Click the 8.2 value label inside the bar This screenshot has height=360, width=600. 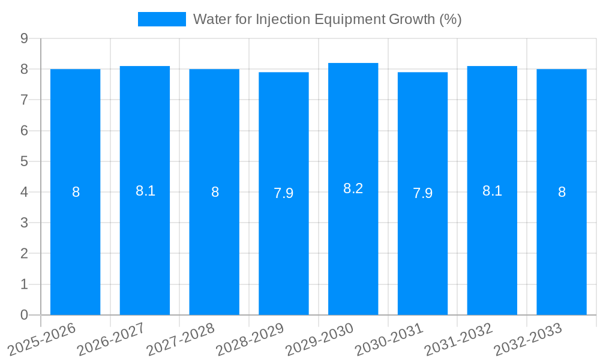click(353, 188)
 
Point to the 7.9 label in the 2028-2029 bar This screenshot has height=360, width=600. click(283, 193)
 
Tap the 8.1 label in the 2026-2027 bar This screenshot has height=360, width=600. click(145, 191)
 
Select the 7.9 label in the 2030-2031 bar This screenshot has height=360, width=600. click(422, 193)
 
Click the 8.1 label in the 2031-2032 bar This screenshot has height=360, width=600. click(492, 191)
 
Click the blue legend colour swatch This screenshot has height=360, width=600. click(162, 19)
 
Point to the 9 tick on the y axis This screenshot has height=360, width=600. click(24, 38)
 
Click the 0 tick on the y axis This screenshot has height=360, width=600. click(24, 315)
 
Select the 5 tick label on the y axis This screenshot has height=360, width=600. click(24, 161)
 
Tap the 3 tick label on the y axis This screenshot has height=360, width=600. click(24, 223)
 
